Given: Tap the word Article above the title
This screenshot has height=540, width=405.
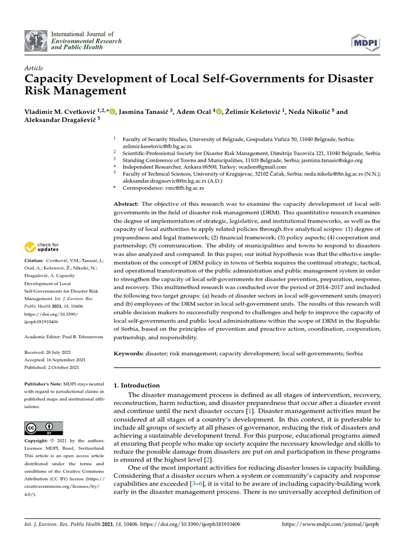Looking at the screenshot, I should click(34, 68).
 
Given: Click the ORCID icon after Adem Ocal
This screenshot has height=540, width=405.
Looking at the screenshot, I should click(219, 112).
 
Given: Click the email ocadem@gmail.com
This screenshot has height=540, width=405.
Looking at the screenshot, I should click(263, 166).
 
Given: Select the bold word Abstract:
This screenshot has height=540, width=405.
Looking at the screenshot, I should click(127, 204).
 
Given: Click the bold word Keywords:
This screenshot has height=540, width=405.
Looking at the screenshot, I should click(129, 353).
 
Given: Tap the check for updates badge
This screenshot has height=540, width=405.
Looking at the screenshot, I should click(41, 246).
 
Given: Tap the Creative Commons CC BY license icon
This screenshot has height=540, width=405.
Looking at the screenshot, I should click(44, 428).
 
